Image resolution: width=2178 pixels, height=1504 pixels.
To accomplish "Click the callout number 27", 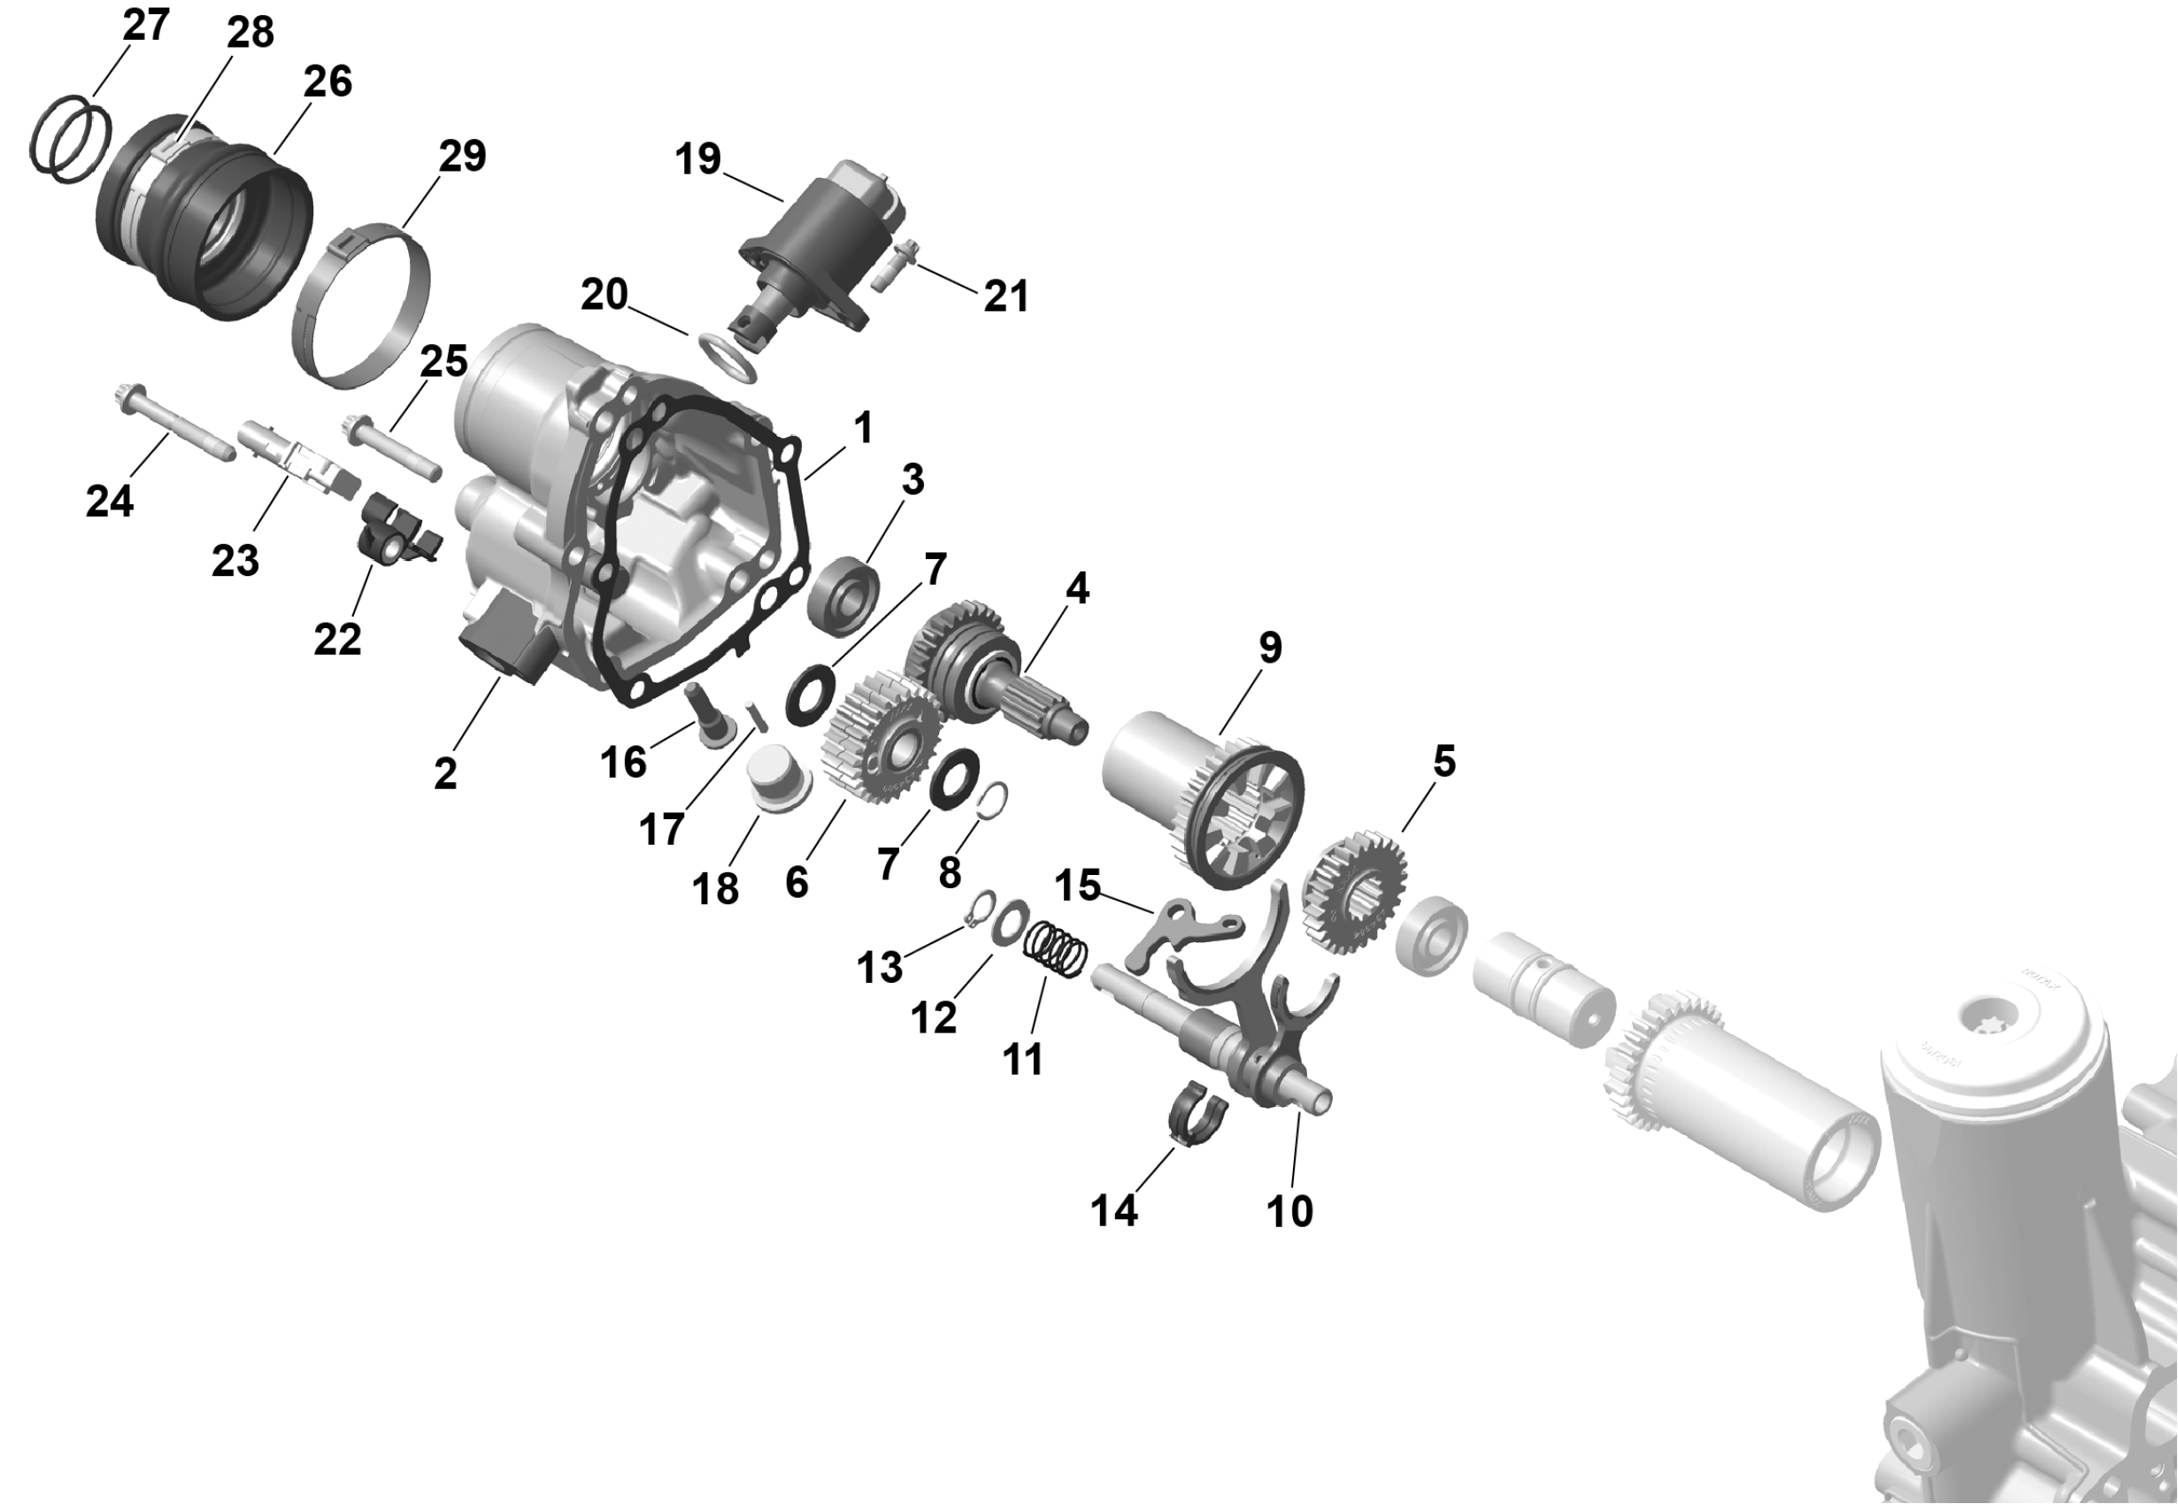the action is pos(146,25).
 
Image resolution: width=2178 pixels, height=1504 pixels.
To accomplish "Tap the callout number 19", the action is pos(698,158).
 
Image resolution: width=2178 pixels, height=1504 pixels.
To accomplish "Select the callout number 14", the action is pos(1114,1210).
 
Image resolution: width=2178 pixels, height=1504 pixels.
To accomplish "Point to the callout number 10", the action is pos(1289,1211).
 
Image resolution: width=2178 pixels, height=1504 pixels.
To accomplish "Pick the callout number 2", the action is pos(446,773).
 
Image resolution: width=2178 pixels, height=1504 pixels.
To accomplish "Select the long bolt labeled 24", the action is pos(173,422).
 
